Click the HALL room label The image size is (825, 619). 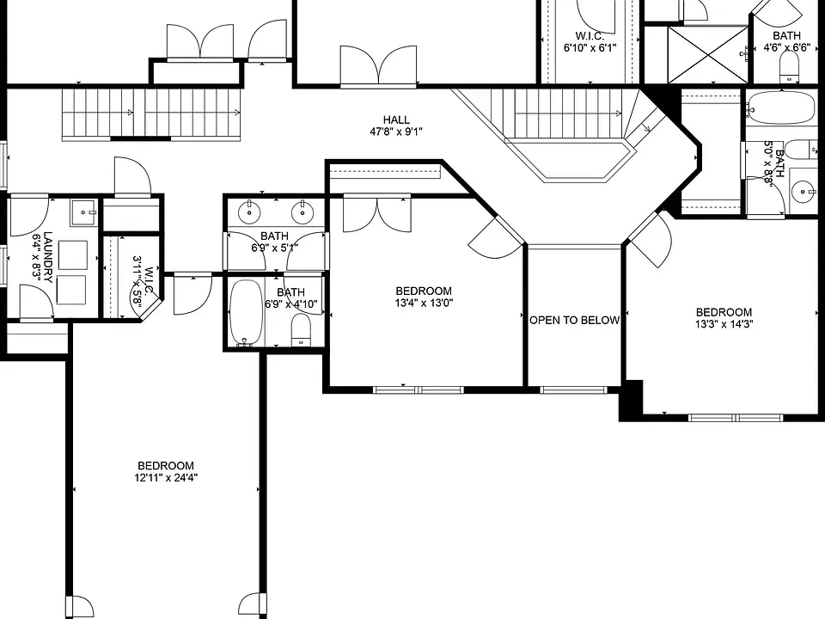(396, 120)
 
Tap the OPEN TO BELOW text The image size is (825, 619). (575, 320)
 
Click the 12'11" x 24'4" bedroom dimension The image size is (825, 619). (166, 478)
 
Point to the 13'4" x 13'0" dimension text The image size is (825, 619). (424, 303)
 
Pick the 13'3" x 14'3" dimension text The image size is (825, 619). (724, 324)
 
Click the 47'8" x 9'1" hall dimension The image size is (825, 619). (396, 132)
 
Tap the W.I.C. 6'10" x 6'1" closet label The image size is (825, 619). (590, 42)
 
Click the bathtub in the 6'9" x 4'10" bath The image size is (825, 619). (247, 313)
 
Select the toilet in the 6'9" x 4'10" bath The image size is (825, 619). (301, 330)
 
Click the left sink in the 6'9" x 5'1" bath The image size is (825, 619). (249, 212)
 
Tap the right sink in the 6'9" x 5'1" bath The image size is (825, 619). (302, 212)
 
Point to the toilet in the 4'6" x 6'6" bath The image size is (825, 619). (789, 67)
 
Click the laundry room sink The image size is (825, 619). (84, 212)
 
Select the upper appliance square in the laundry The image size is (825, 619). (72, 255)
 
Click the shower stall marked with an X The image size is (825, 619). (707, 55)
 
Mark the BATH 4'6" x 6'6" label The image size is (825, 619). (787, 41)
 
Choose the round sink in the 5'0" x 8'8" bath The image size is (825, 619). (804, 191)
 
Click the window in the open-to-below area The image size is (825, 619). (573, 390)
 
